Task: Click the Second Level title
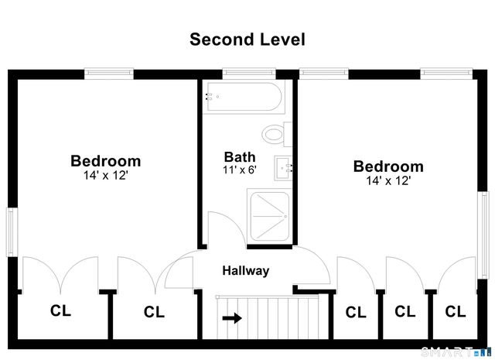(247, 39)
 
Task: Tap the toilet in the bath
(277, 134)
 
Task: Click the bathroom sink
(283, 168)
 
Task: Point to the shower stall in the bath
(269, 217)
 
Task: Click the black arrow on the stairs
(232, 318)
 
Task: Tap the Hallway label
(246, 271)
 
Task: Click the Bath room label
(240, 157)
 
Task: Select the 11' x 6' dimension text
(239, 170)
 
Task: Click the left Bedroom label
(105, 161)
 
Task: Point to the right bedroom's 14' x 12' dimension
(388, 181)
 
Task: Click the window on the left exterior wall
(11, 232)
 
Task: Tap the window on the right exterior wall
(483, 235)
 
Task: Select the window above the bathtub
(249, 74)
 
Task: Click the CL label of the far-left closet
(60, 310)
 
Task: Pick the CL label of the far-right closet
(456, 312)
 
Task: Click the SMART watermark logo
(456, 352)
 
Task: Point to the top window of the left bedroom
(109, 74)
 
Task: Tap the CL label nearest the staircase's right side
(356, 312)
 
